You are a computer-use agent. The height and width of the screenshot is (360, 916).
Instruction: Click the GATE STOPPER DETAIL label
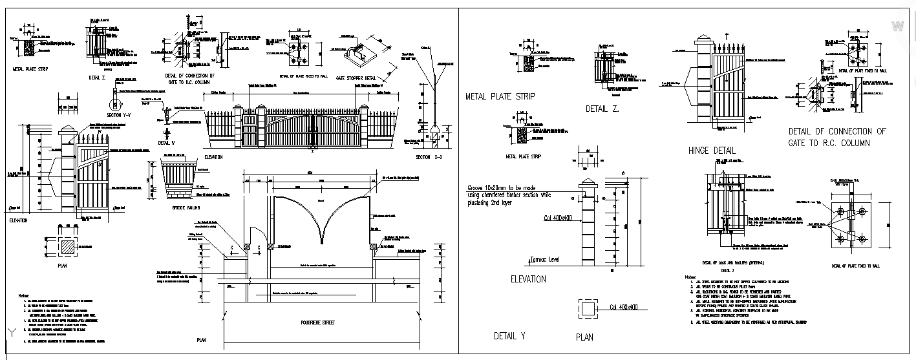tap(359, 77)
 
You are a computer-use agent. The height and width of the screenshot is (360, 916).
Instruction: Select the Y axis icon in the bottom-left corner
tap(11, 332)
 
